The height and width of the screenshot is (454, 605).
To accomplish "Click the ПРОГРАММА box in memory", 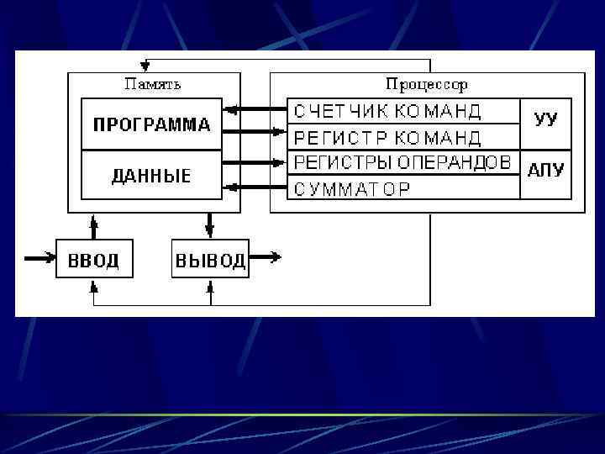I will click(x=151, y=124).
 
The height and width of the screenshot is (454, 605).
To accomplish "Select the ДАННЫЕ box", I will click(x=151, y=176).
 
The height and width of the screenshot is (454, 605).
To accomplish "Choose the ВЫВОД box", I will click(x=210, y=259).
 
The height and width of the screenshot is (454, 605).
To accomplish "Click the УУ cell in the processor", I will click(x=545, y=119).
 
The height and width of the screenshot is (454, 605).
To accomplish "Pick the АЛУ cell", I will click(x=545, y=171).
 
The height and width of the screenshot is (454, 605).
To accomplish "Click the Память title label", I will click(x=152, y=84).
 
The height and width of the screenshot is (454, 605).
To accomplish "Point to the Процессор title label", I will click(x=426, y=84).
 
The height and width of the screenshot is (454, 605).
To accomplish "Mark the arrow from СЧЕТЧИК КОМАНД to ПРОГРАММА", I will click(x=255, y=109).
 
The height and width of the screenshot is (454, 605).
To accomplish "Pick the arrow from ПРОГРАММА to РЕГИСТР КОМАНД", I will click(x=255, y=132).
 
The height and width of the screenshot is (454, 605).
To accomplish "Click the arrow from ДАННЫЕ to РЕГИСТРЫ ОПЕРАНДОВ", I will click(x=255, y=162).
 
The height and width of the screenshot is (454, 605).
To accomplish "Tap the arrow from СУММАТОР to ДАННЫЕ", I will click(x=255, y=187).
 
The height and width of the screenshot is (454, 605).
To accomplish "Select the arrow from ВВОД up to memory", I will click(x=94, y=226).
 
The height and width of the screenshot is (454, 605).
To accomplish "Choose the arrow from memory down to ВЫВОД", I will click(x=210, y=226).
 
